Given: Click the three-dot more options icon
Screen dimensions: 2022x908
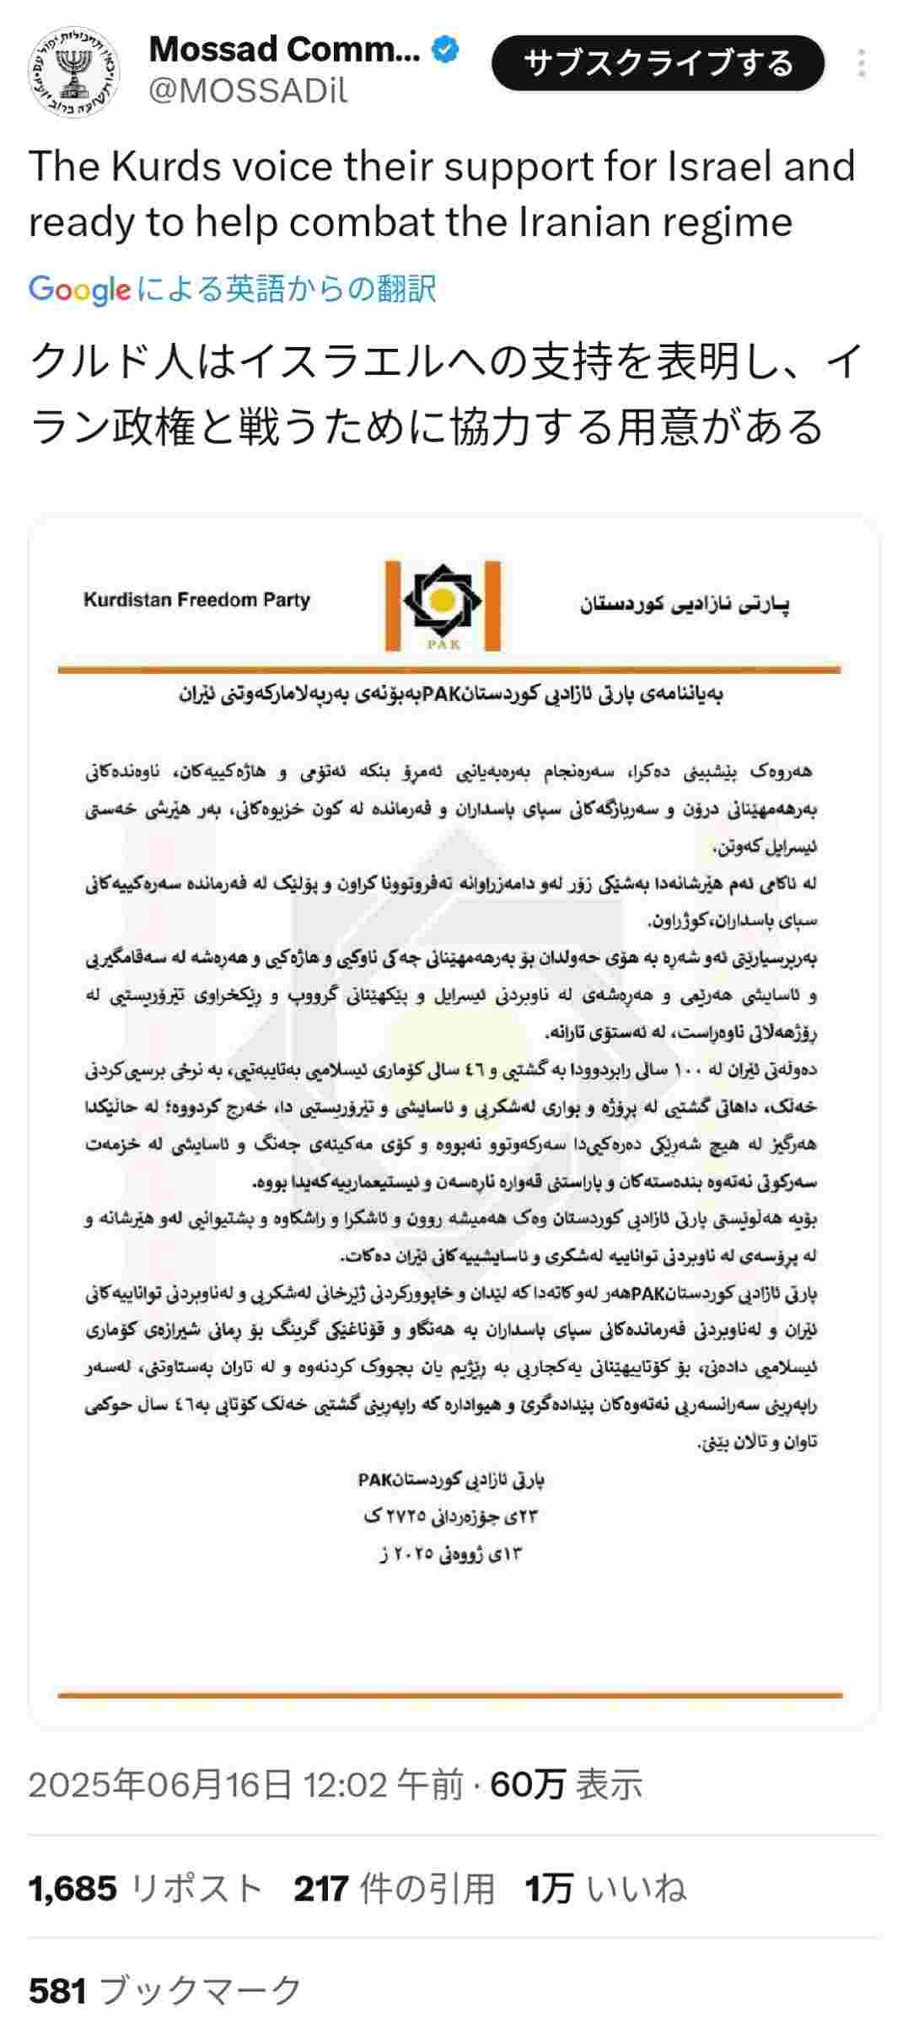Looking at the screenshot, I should click(x=861, y=64).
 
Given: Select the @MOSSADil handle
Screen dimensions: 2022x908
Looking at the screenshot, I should click(x=248, y=90).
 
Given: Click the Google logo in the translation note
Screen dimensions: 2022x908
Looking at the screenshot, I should click(x=79, y=290).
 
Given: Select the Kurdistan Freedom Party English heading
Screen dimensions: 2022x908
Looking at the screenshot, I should click(x=196, y=600).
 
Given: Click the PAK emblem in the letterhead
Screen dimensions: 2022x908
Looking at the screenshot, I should click(x=443, y=606).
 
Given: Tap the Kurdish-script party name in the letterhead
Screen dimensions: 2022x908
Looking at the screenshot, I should click(x=685, y=604).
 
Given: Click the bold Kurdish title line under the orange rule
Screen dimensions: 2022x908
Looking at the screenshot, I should click(x=450, y=695).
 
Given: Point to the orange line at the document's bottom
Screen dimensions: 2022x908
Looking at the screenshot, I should click(x=450, y=1695).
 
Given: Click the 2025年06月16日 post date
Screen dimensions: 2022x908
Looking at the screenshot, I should click(x=160, y=1784).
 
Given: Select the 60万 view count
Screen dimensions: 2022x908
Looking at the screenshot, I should click(x=527, y=1784).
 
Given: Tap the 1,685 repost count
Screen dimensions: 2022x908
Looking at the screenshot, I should click(x=73, y=1889).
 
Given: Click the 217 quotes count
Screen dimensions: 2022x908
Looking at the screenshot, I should click(x=320, y=1889).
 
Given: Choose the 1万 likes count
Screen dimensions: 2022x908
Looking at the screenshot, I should click(x=549, y=1889).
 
